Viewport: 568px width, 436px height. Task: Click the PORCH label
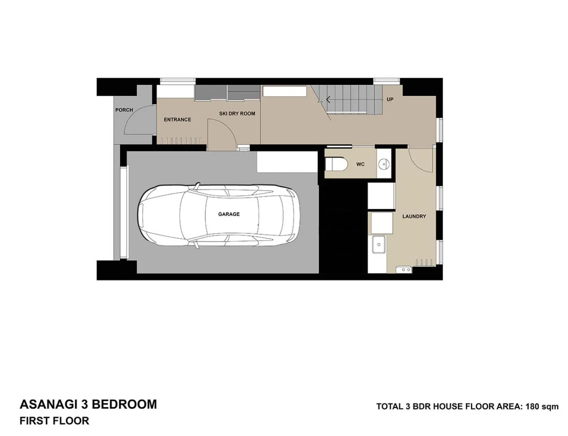(124, 110)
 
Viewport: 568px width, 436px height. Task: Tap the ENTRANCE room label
(177, 120)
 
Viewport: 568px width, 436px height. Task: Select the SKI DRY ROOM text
(237, 114)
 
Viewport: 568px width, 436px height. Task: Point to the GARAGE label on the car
(229, 214)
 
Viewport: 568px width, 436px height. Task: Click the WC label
(360, 164)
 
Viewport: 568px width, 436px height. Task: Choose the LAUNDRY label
(414, 216)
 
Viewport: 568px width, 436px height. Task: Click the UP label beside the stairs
(390, 99)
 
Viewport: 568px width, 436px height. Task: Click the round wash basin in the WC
(383, 164)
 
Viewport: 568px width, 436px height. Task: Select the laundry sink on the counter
(379, 245)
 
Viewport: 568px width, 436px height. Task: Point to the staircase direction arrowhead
(327, 99)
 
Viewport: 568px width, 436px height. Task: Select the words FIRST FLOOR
(54, 421)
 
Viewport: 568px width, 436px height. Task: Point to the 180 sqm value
(542, 406)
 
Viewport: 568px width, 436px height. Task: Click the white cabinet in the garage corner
(287, 162)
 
